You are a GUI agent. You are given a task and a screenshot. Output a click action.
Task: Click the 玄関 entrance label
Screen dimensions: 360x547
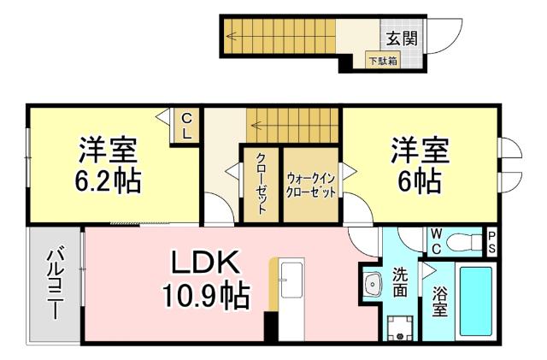(x=401, y=38)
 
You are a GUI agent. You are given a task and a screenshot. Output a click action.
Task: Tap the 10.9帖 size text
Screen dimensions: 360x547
(x=206, y=296)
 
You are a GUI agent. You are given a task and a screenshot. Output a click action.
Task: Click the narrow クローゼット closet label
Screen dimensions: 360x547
(x=262, y=184)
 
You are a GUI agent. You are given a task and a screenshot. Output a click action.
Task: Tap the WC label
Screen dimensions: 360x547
(x=435, y=241)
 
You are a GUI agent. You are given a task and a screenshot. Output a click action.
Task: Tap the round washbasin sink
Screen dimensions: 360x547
(x=372, y=283)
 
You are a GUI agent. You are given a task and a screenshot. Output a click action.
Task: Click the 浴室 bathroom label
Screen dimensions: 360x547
(x=439, y=303)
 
